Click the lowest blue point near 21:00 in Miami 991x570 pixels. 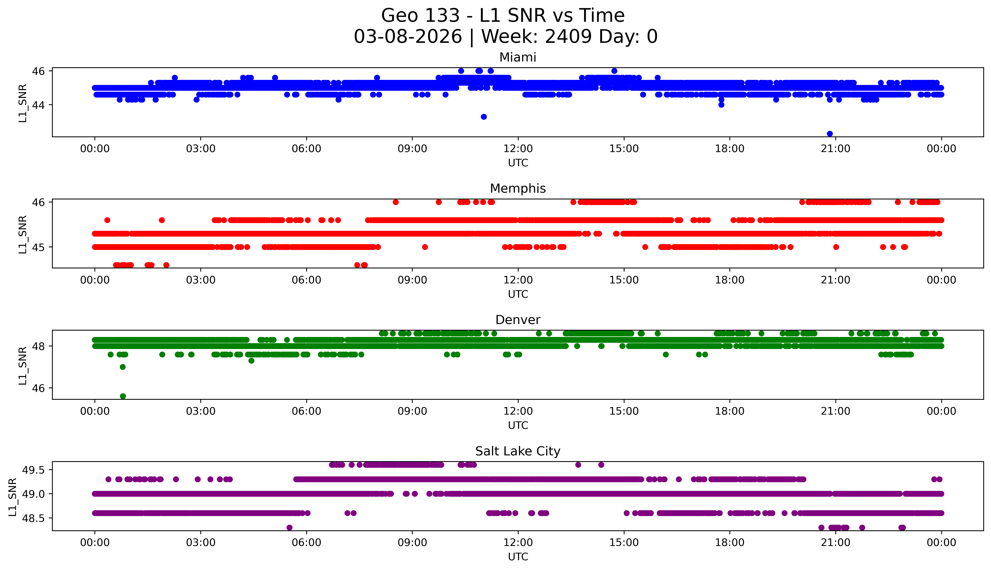[x=830, y=133]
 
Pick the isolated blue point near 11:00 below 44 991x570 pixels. [x=483, y=117]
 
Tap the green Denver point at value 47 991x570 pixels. [x=122, y=367]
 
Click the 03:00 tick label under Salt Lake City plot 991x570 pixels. [x=201, y=543]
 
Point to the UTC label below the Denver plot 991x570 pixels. [x=518, y=425]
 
